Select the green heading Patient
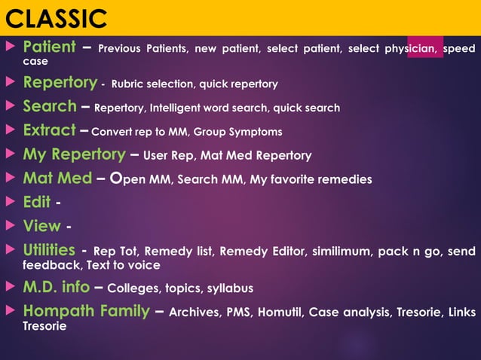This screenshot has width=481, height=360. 49,47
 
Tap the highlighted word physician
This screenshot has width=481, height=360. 410,49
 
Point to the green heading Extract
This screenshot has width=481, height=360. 49,130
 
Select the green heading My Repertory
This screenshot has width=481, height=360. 74,154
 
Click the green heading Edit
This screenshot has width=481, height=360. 37,202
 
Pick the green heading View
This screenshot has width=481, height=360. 41,225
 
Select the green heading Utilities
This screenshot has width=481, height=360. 49,249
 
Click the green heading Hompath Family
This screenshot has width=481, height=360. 86,311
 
